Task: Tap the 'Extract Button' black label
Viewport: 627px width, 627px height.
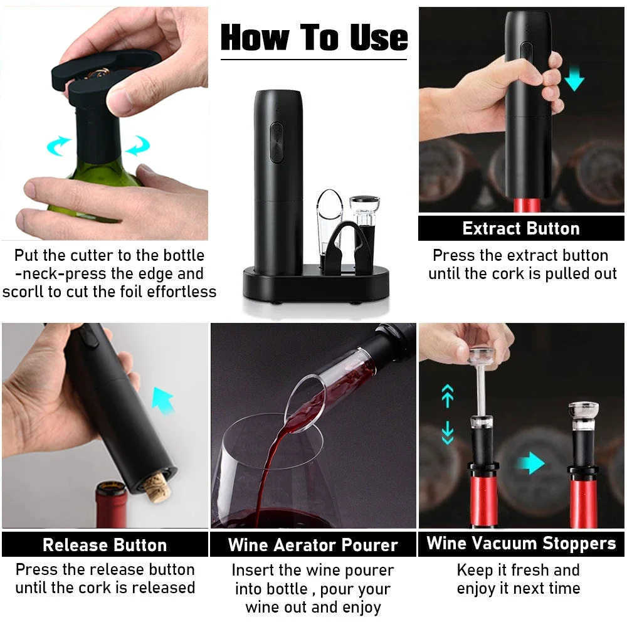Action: click(x=521, y=228)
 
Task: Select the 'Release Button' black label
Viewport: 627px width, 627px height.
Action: click(x=105, y=545)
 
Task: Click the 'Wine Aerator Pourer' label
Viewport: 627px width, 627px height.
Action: click(x=313, y=545)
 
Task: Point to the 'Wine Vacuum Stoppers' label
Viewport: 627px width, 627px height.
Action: click(x=521, y=544)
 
